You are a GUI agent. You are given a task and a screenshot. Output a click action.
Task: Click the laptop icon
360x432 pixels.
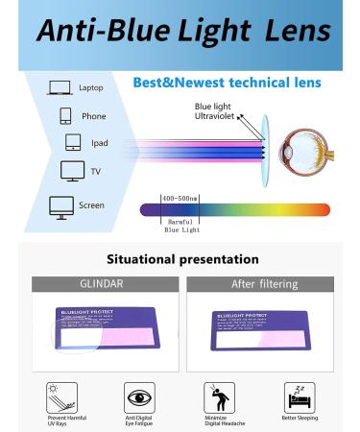[59, 88]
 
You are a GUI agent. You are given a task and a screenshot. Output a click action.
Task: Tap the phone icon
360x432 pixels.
[65, 115]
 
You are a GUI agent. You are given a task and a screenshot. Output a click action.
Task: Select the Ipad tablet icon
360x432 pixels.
[72, 142]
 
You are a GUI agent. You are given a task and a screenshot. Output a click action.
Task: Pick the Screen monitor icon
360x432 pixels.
[61, 204]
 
